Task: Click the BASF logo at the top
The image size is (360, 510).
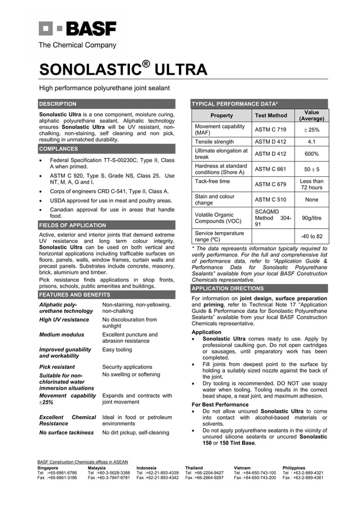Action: (x=77, y=28)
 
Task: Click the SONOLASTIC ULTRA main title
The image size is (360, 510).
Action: (x=122, y=69)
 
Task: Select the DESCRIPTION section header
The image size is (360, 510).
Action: (x=58, y=104)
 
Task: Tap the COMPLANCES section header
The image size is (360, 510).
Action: (x=58, y=149)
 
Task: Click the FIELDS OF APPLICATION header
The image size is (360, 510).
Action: (x=72, y=225)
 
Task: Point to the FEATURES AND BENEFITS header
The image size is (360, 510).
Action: (x=74, y=295)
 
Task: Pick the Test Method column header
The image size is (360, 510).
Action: (x=271, y=115)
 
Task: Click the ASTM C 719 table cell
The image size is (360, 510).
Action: (x=270, y=130)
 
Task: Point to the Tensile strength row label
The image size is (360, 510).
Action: (x=214, y=142)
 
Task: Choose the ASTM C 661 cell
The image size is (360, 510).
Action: (x=270, y=169)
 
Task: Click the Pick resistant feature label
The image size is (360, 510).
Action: (x=57, y=367)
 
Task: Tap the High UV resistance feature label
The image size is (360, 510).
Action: (x=64, y=320)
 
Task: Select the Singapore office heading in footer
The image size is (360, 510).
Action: (x=47, y=468)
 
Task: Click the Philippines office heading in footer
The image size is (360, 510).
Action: (x=293, y=468)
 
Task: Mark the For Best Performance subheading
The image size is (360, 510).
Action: (x=220, y=404)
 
